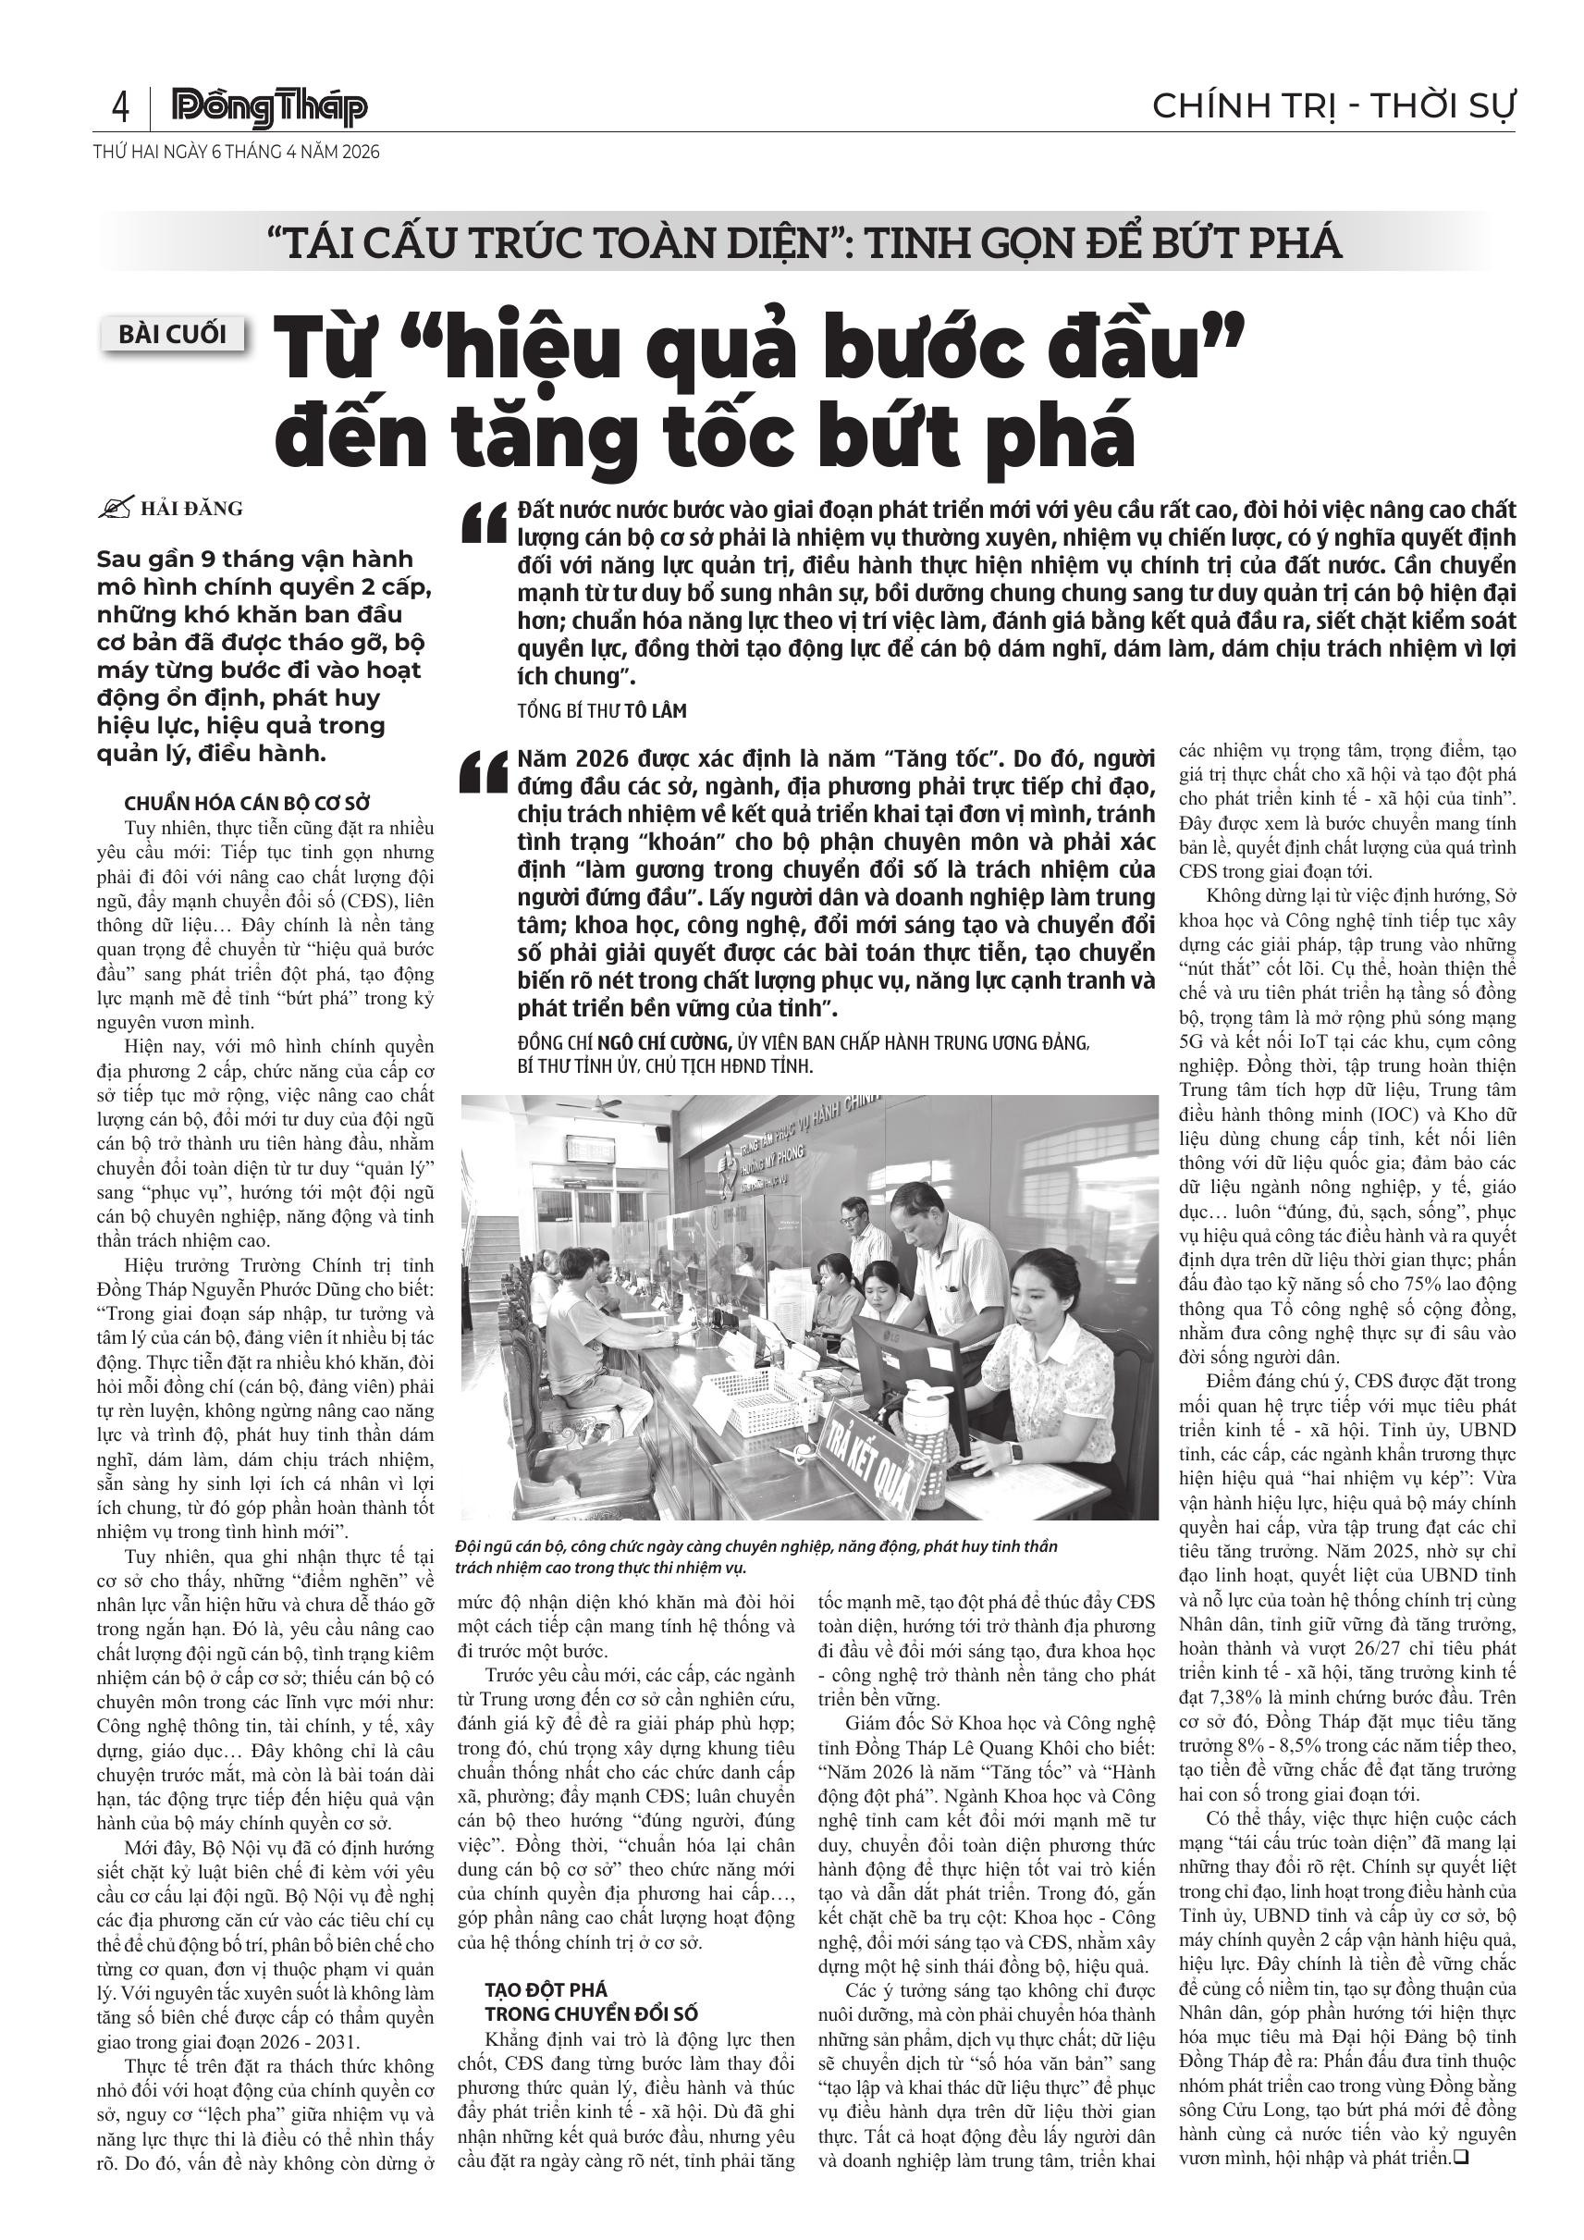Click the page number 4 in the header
pos(121,106)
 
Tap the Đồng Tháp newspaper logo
pos(269,108)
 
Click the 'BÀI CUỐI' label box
pos(173,335)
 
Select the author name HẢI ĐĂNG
pos(192,509)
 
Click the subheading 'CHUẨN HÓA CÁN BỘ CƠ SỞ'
pos(248,803)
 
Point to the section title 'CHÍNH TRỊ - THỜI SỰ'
pos(1333,106)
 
